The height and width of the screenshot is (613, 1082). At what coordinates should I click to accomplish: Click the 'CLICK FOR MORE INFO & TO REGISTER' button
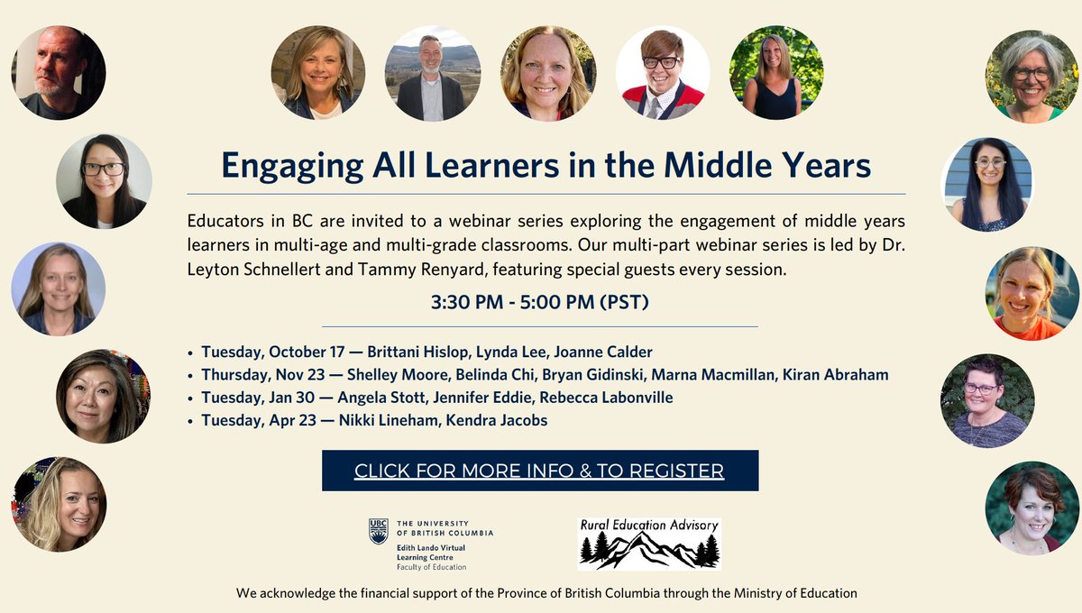(539, 471)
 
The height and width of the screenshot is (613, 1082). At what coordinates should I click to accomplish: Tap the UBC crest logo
(379, 531)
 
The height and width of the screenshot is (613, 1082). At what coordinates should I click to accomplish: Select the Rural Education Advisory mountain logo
(649, 544)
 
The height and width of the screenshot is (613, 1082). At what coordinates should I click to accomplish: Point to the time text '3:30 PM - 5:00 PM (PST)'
(539, 303)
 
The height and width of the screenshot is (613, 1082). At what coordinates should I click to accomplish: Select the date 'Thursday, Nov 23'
(259, 374)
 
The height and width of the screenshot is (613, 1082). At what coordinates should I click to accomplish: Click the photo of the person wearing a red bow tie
(663, 73)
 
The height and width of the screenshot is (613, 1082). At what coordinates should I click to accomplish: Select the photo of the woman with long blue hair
(988, 185)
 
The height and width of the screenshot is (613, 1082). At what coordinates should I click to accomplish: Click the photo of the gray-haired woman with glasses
(1032, 76)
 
